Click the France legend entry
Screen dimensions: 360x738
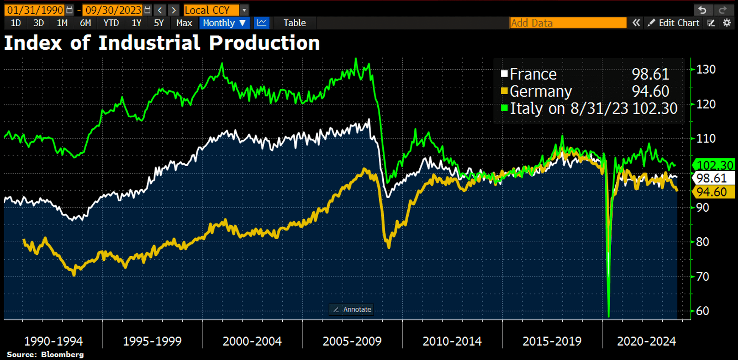point(533,74)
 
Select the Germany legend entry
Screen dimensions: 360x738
point(540,91)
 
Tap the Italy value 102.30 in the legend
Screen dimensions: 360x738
point(655,108)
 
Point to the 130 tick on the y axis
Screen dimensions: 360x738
point(706,70)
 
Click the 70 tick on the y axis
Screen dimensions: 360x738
point(702,276)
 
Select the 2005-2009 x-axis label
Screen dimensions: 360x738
point(352,342)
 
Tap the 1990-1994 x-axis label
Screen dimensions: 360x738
point(54,342)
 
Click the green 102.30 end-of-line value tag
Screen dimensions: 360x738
point(714,165)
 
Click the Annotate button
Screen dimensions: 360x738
point(352,309)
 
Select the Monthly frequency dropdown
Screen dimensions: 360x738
point(224,23)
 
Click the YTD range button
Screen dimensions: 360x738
point(111,23)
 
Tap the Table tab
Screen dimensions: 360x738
point(294,23)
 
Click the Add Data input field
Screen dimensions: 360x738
point(568,23)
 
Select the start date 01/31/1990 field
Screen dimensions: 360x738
point(35,10)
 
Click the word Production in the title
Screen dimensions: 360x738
point(264,43)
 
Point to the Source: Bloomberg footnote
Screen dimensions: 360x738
point(45,354)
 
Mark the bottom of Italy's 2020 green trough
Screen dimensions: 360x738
point(609,316)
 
